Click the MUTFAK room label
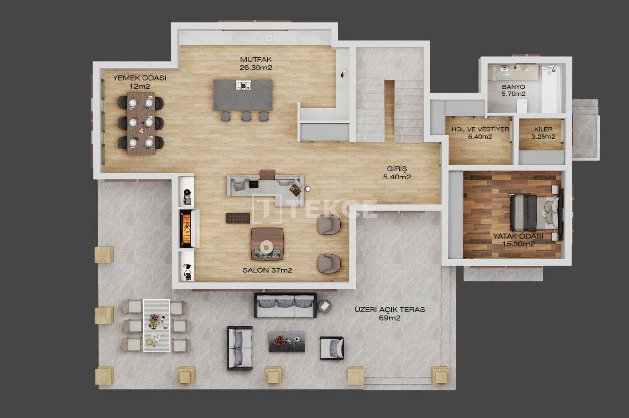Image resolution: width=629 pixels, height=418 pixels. click(x=256, y=60)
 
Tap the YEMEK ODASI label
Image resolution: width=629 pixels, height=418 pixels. click(x=140, y=78)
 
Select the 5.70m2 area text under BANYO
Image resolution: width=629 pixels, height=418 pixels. click(x=514, y=93)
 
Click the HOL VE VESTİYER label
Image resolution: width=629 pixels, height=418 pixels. click(x=480, y=129)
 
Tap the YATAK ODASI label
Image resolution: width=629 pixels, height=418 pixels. click(x=518, y=236)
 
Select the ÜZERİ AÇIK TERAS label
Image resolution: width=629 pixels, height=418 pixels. click(x=389, y=310)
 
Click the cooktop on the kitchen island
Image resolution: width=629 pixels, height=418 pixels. click(x=243, y=86)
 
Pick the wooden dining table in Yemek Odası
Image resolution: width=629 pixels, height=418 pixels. click(x=141, y=123)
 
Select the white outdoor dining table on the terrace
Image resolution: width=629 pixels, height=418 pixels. click(x=156, y=325)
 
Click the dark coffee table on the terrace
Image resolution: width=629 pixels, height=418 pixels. click(x=286, y=341)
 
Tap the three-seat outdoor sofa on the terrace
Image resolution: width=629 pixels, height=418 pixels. click(x=285, y=305)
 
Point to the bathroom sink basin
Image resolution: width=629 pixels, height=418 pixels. click(x=505, y=74)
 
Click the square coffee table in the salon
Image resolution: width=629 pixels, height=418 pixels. click(x=267, y=243)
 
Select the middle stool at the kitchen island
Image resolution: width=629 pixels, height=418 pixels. click(x=246, y=116)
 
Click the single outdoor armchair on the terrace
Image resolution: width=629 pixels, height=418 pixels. click(x=332, y=348)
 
